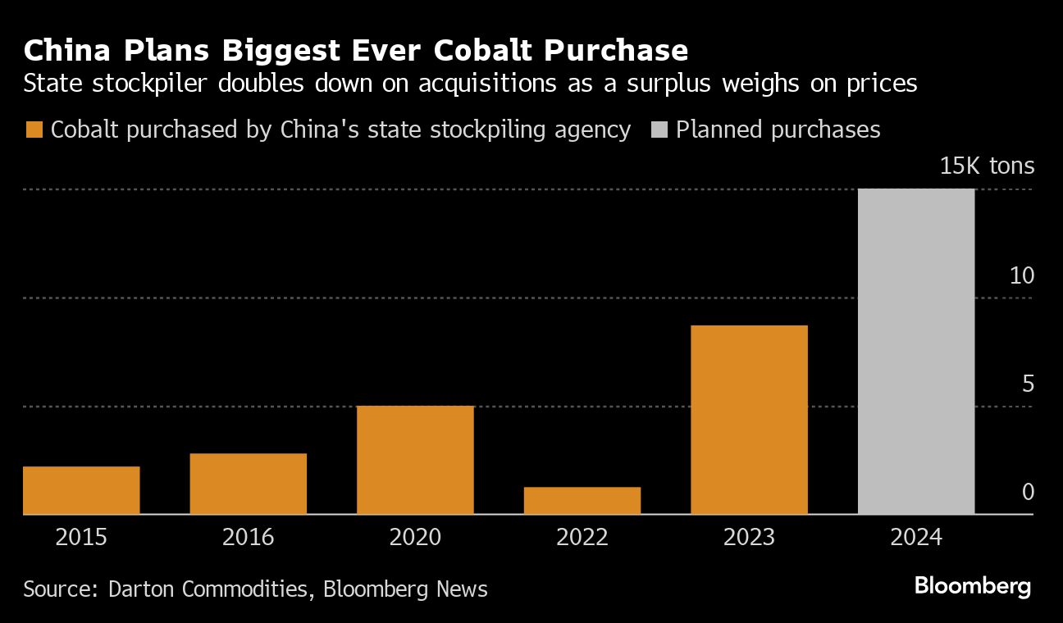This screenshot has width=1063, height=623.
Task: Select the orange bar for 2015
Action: pos(81,490)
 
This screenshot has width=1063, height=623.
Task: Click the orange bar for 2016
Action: pos(248,484)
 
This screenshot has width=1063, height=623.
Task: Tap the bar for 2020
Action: pos(415,460)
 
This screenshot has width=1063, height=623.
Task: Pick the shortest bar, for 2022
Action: pos(582,501)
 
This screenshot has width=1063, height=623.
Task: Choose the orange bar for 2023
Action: pos(749,420)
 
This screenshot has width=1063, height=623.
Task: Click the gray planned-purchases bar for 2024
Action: pos(916,352)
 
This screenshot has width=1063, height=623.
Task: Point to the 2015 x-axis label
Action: pos(81,538)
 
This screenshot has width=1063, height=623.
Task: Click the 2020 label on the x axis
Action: pos(415,538)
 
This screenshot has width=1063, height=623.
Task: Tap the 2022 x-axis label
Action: pos(582,538)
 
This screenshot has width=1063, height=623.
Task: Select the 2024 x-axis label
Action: pos(916,538)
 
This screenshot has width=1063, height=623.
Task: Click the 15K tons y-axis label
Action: pos(987,166)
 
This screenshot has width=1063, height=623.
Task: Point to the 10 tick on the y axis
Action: pos(1022,275)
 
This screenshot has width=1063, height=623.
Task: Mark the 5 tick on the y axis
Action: pos(1028,384)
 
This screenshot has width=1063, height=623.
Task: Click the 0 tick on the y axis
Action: pos(1028,492)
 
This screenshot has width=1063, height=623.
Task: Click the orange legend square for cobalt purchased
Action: pos(34,130)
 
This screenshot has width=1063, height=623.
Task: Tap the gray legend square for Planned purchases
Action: pos(659,130)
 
